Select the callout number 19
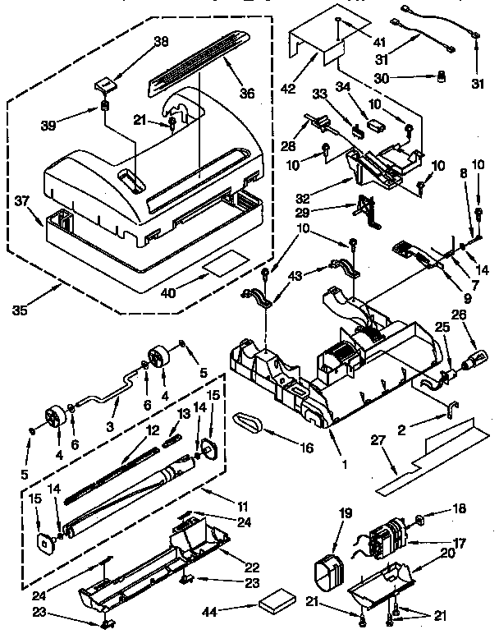pyautogui.click(x=346, y=513)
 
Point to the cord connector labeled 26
pyautogui.click(x=476, y=358)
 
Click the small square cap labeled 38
pyautogui.click(x=105, y=84)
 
